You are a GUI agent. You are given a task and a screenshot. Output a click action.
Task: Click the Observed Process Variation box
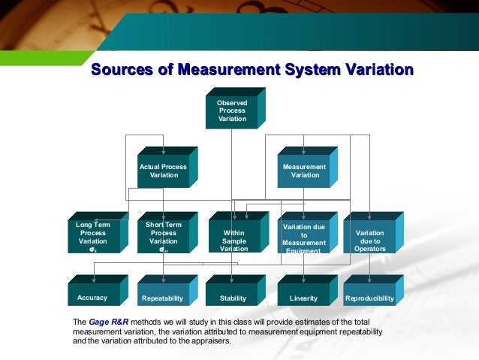232,110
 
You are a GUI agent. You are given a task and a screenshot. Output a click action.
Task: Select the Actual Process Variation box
164,170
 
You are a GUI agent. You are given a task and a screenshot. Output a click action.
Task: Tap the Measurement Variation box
304,170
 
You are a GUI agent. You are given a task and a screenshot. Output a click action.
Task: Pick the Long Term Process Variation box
92,237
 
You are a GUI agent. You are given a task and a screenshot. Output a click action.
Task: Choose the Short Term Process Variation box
163,237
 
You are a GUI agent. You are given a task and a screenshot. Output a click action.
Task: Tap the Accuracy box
92,298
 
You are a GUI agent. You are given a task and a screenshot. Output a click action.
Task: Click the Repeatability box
162,298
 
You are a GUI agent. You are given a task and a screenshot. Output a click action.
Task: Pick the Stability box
233,298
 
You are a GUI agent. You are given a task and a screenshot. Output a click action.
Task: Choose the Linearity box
303,298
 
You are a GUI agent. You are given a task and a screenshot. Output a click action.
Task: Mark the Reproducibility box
369,298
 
